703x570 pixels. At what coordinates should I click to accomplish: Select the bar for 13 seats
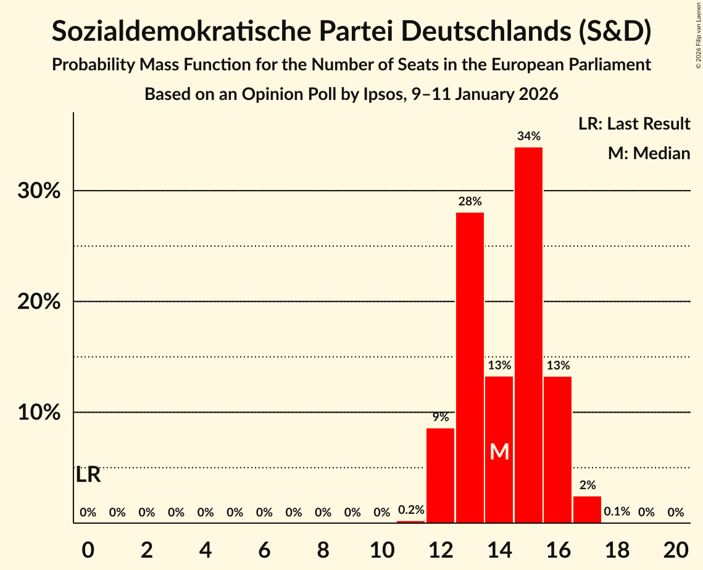tap(470, 368)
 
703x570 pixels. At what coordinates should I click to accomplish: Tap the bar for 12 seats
tap(440, 475)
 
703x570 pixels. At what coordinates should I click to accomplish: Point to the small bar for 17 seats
tap(587, 509)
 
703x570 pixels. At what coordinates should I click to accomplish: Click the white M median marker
tap(499, 452)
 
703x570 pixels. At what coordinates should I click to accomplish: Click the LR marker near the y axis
tap(88, 475)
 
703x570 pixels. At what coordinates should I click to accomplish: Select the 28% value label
tap(470, 201)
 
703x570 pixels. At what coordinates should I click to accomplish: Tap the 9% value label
tap(440, 417)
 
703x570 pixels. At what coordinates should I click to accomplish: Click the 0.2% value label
tap(411, 510)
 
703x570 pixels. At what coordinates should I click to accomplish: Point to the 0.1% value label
tap(617, 512)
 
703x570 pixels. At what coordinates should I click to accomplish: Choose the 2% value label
tap(587, 485)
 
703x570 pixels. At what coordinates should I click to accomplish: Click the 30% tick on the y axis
tap(39, 191)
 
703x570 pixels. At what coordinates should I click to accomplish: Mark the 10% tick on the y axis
tap(39, 412)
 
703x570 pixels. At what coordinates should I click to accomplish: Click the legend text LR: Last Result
tap(634, 124)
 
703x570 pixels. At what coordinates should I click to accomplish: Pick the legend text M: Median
tap(649, 153)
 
